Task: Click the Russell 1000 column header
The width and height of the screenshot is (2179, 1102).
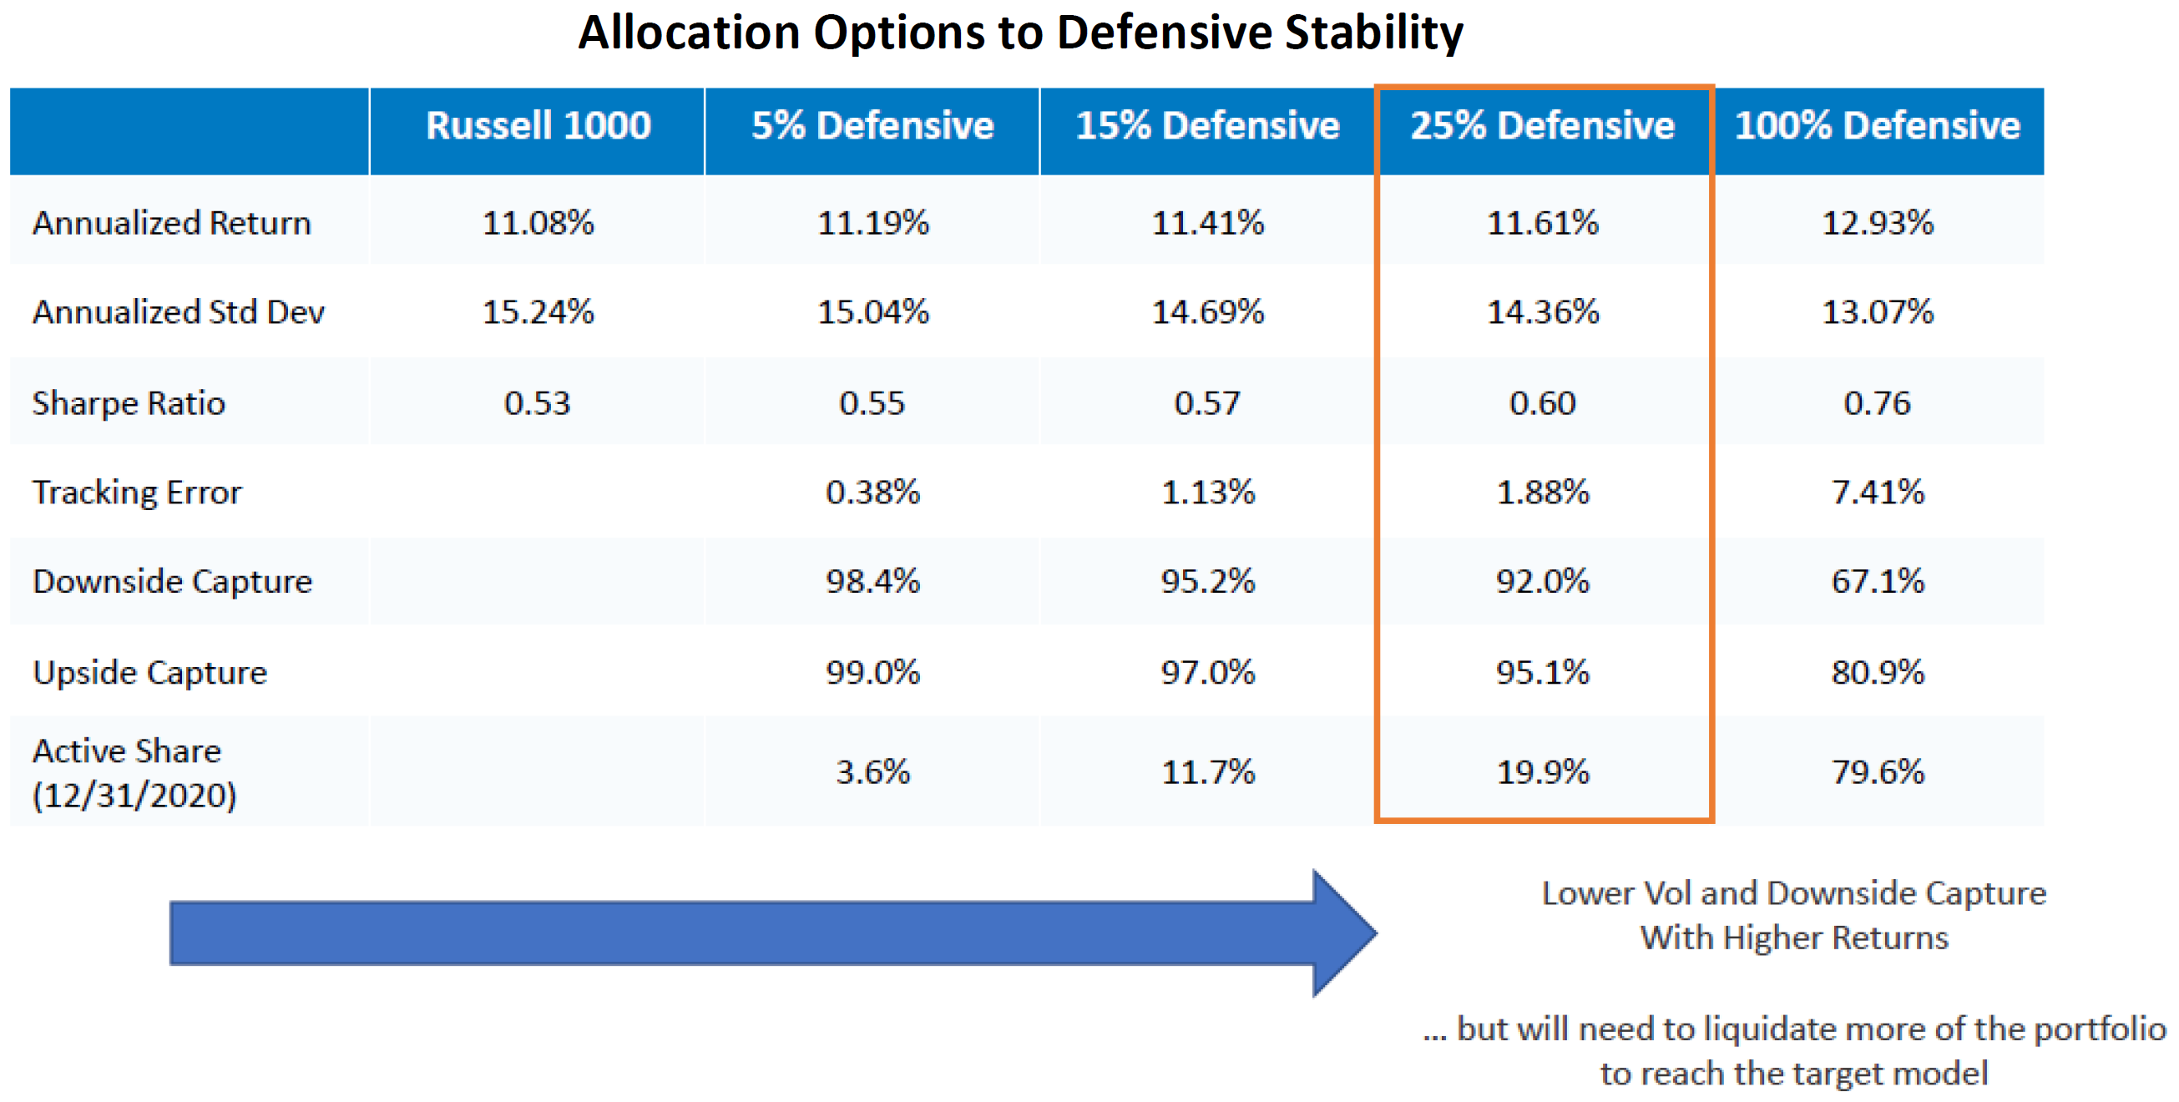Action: tap(538, 125)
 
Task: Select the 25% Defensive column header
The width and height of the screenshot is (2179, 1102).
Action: tap(1542, 125)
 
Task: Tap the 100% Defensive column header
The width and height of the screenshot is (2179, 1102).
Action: tap(1877, 125)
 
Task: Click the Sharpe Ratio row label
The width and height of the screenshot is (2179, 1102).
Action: tap(129, 403)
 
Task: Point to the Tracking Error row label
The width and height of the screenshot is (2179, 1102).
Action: tap(137, 493)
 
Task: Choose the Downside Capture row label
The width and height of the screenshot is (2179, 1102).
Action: tap(173, 582)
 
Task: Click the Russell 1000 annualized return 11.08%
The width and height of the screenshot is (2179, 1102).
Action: tap(538, 223)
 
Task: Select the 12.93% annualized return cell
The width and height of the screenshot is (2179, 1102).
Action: tap(1877, 223)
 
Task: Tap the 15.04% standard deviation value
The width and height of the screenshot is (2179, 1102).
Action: tap(873, 312)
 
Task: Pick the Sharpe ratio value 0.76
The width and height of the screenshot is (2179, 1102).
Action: tap(1877, 403)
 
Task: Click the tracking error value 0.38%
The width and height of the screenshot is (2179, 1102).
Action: tap(873, 493)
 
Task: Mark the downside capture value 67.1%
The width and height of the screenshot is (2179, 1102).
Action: tap(1877, 582)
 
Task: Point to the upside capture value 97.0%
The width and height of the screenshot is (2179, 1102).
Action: tap(1208, 673)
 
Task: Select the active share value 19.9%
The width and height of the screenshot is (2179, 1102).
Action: tap(1542, 772)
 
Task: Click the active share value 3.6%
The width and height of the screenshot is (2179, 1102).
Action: tap(873, 772)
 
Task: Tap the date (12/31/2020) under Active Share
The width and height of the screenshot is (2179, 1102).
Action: tap(134, 796)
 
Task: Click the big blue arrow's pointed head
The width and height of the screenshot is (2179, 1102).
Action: tap(1376, 933)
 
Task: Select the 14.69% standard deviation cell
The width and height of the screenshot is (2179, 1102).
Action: tap(1208, 312)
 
